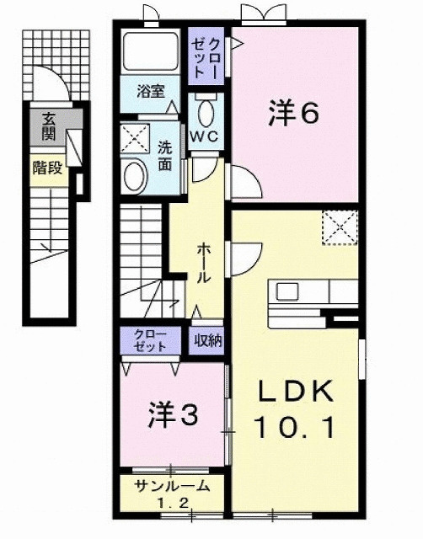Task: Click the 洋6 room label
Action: (x=294, y=113)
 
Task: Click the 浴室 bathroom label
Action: (x=151, y=89)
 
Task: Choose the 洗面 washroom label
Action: (x=165, y=154)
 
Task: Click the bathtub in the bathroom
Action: (x=148, y=52)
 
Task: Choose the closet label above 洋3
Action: (x=151, y=340)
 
